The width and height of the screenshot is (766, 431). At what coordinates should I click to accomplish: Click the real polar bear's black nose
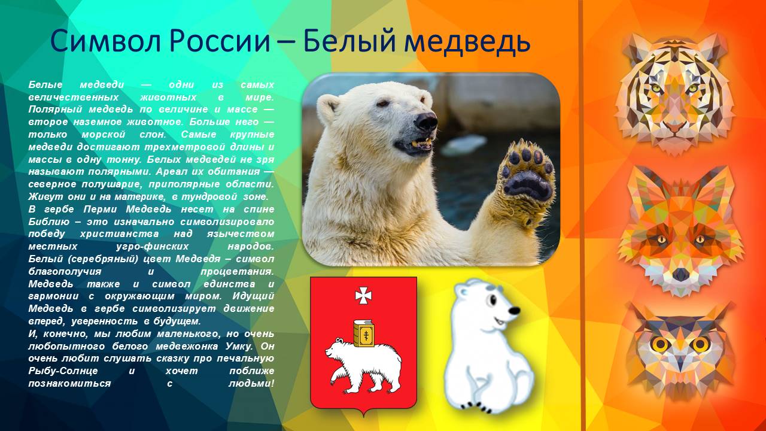(x=426, y=122)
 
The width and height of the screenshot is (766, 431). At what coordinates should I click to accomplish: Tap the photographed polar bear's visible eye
(x=384, y=104)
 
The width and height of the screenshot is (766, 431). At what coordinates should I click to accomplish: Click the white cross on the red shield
(x=363, y=295)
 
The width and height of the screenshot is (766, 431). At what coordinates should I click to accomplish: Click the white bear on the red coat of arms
(x=363, y=363)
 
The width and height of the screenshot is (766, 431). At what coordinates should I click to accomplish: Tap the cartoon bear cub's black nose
(x=513, y=311)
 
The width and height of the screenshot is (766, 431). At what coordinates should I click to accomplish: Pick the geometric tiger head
(x=675, y=93)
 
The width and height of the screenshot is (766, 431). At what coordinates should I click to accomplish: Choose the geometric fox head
(x=680, y=230)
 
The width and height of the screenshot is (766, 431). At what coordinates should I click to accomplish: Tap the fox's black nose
(x=680, y=274)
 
